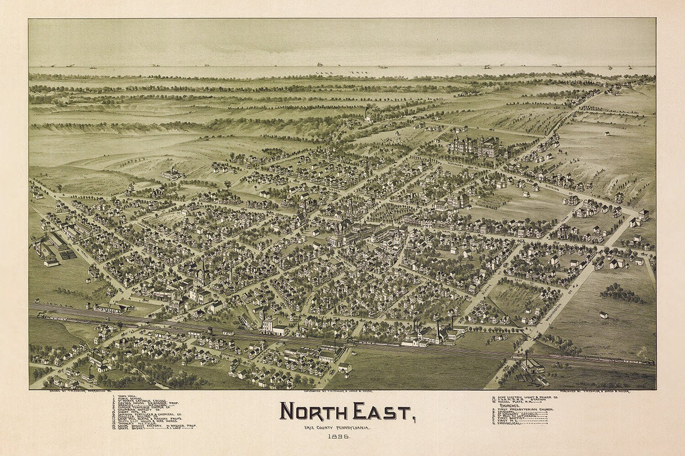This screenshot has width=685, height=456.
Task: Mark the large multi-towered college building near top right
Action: tap(475, 147)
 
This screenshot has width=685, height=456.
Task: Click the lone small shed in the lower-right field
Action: tap(604, 315)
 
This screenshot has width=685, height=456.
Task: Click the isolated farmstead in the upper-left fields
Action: tap(172, 174)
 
